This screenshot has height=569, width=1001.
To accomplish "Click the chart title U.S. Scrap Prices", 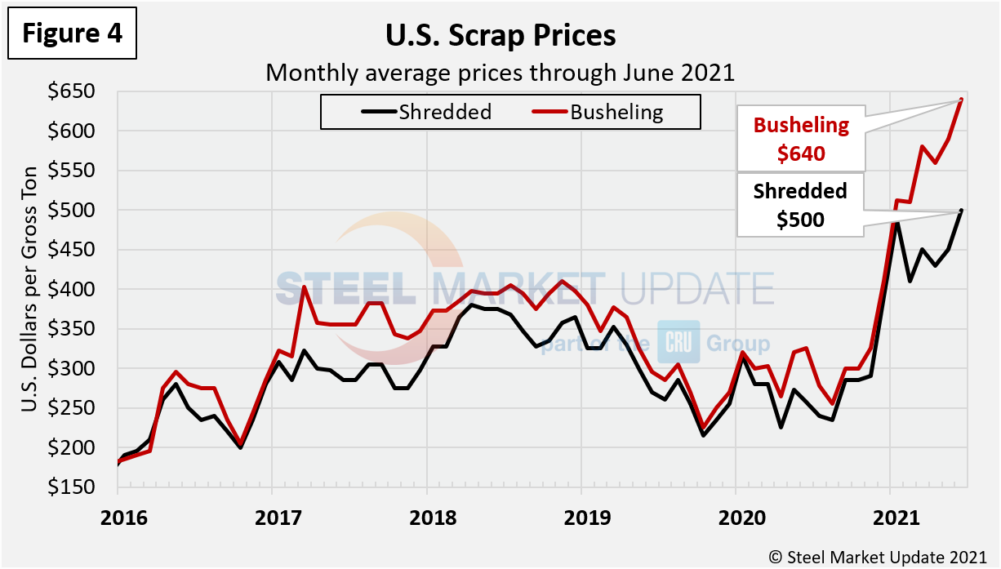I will pyautogui.click(x=500, y=36).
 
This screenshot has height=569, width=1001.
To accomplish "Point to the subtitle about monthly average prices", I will pyautogui.click(x=500, y=73).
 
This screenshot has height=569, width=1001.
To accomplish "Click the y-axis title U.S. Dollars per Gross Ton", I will pyautogui.click(x=28, y=290).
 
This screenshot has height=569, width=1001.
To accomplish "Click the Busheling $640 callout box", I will pyautogui.click(x=801, y=139).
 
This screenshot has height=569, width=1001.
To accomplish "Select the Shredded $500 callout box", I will pyautogui.click(x=801, y=205).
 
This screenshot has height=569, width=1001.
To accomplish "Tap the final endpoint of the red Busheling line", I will pyautogui.click(x=962, y=100).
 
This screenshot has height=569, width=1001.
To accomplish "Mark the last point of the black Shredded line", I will pyautogui.click(x=962, y=211).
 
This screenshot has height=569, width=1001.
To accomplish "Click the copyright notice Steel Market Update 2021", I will pyautogui.click(x=879, y=556).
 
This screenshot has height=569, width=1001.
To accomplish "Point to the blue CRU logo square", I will pyautogui.click(x=678, y=342).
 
